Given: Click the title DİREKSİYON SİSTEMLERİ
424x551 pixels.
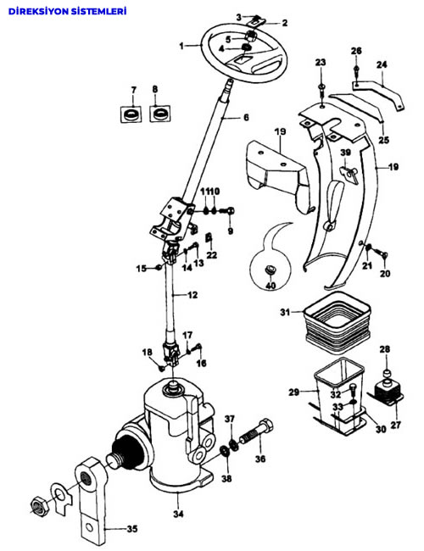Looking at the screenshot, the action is click(67, 11).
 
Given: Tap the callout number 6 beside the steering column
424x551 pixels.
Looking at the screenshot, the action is click(246, 117).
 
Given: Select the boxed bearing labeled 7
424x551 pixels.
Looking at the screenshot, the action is click(131, 114).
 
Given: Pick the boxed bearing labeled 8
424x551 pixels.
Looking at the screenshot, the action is click(160, 113).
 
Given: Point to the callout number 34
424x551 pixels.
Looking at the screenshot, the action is click(178, 514).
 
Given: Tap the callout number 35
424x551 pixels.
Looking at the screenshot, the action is click(132, 528).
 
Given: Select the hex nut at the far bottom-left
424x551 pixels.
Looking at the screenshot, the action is click(37, 507).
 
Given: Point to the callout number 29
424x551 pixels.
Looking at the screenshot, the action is click(294, 392).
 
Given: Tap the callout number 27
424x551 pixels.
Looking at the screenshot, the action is click(396, 425).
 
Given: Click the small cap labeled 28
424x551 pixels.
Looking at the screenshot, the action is click(386, 372).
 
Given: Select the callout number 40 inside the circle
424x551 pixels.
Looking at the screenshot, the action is click(271, 286).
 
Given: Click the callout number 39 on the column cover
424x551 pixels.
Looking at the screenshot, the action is click(346, 152).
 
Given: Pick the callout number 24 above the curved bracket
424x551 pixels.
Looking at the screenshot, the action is click(382, 64).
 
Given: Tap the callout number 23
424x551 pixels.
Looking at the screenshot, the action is click(321, 63).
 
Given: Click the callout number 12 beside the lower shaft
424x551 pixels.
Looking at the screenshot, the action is click(192, 295).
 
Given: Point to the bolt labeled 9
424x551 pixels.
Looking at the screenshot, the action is click(227, 211).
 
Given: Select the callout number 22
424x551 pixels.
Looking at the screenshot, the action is click(212, 254).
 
